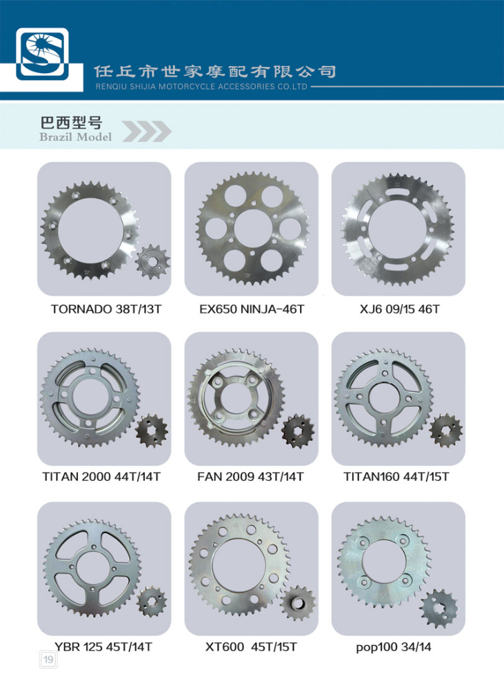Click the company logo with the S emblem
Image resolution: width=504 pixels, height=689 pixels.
[42, 54]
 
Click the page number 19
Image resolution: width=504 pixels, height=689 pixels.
[48, 659]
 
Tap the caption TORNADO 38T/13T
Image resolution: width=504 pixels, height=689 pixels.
[106, 309]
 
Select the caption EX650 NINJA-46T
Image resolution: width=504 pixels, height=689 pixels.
[252, 309]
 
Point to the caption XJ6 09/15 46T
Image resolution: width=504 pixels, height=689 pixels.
[399, 309]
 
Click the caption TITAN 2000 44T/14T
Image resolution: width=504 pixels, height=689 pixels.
[101, 477]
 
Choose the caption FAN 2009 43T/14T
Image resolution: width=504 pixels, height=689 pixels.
[250, 477]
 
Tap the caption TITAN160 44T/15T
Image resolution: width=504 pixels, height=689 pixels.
[396, 477]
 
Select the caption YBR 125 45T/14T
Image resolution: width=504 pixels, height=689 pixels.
[103, 647]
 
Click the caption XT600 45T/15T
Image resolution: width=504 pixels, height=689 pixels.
[251, 647]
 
